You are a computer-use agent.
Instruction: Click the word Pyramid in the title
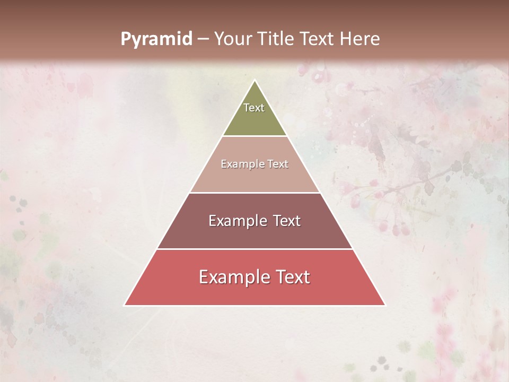point(156,39)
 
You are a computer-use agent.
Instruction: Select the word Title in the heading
point(276,39)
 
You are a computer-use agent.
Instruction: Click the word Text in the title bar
point(317,39)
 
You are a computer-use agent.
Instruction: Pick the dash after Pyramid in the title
point(203,39)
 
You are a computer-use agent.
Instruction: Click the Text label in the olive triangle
point(254,108)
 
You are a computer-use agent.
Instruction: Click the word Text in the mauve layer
point(287,221)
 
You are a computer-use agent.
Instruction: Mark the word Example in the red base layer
point(232,277)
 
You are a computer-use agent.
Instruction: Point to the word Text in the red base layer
point(292,277)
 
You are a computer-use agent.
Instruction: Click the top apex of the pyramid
point(255,81)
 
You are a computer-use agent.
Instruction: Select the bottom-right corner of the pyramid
point(385,305)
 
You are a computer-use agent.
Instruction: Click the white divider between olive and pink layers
point(255,136)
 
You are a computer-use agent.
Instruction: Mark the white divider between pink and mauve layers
point(255,193)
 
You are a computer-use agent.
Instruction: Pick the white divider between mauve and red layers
point(255,249)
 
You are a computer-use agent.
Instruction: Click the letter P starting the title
point(126,39)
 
